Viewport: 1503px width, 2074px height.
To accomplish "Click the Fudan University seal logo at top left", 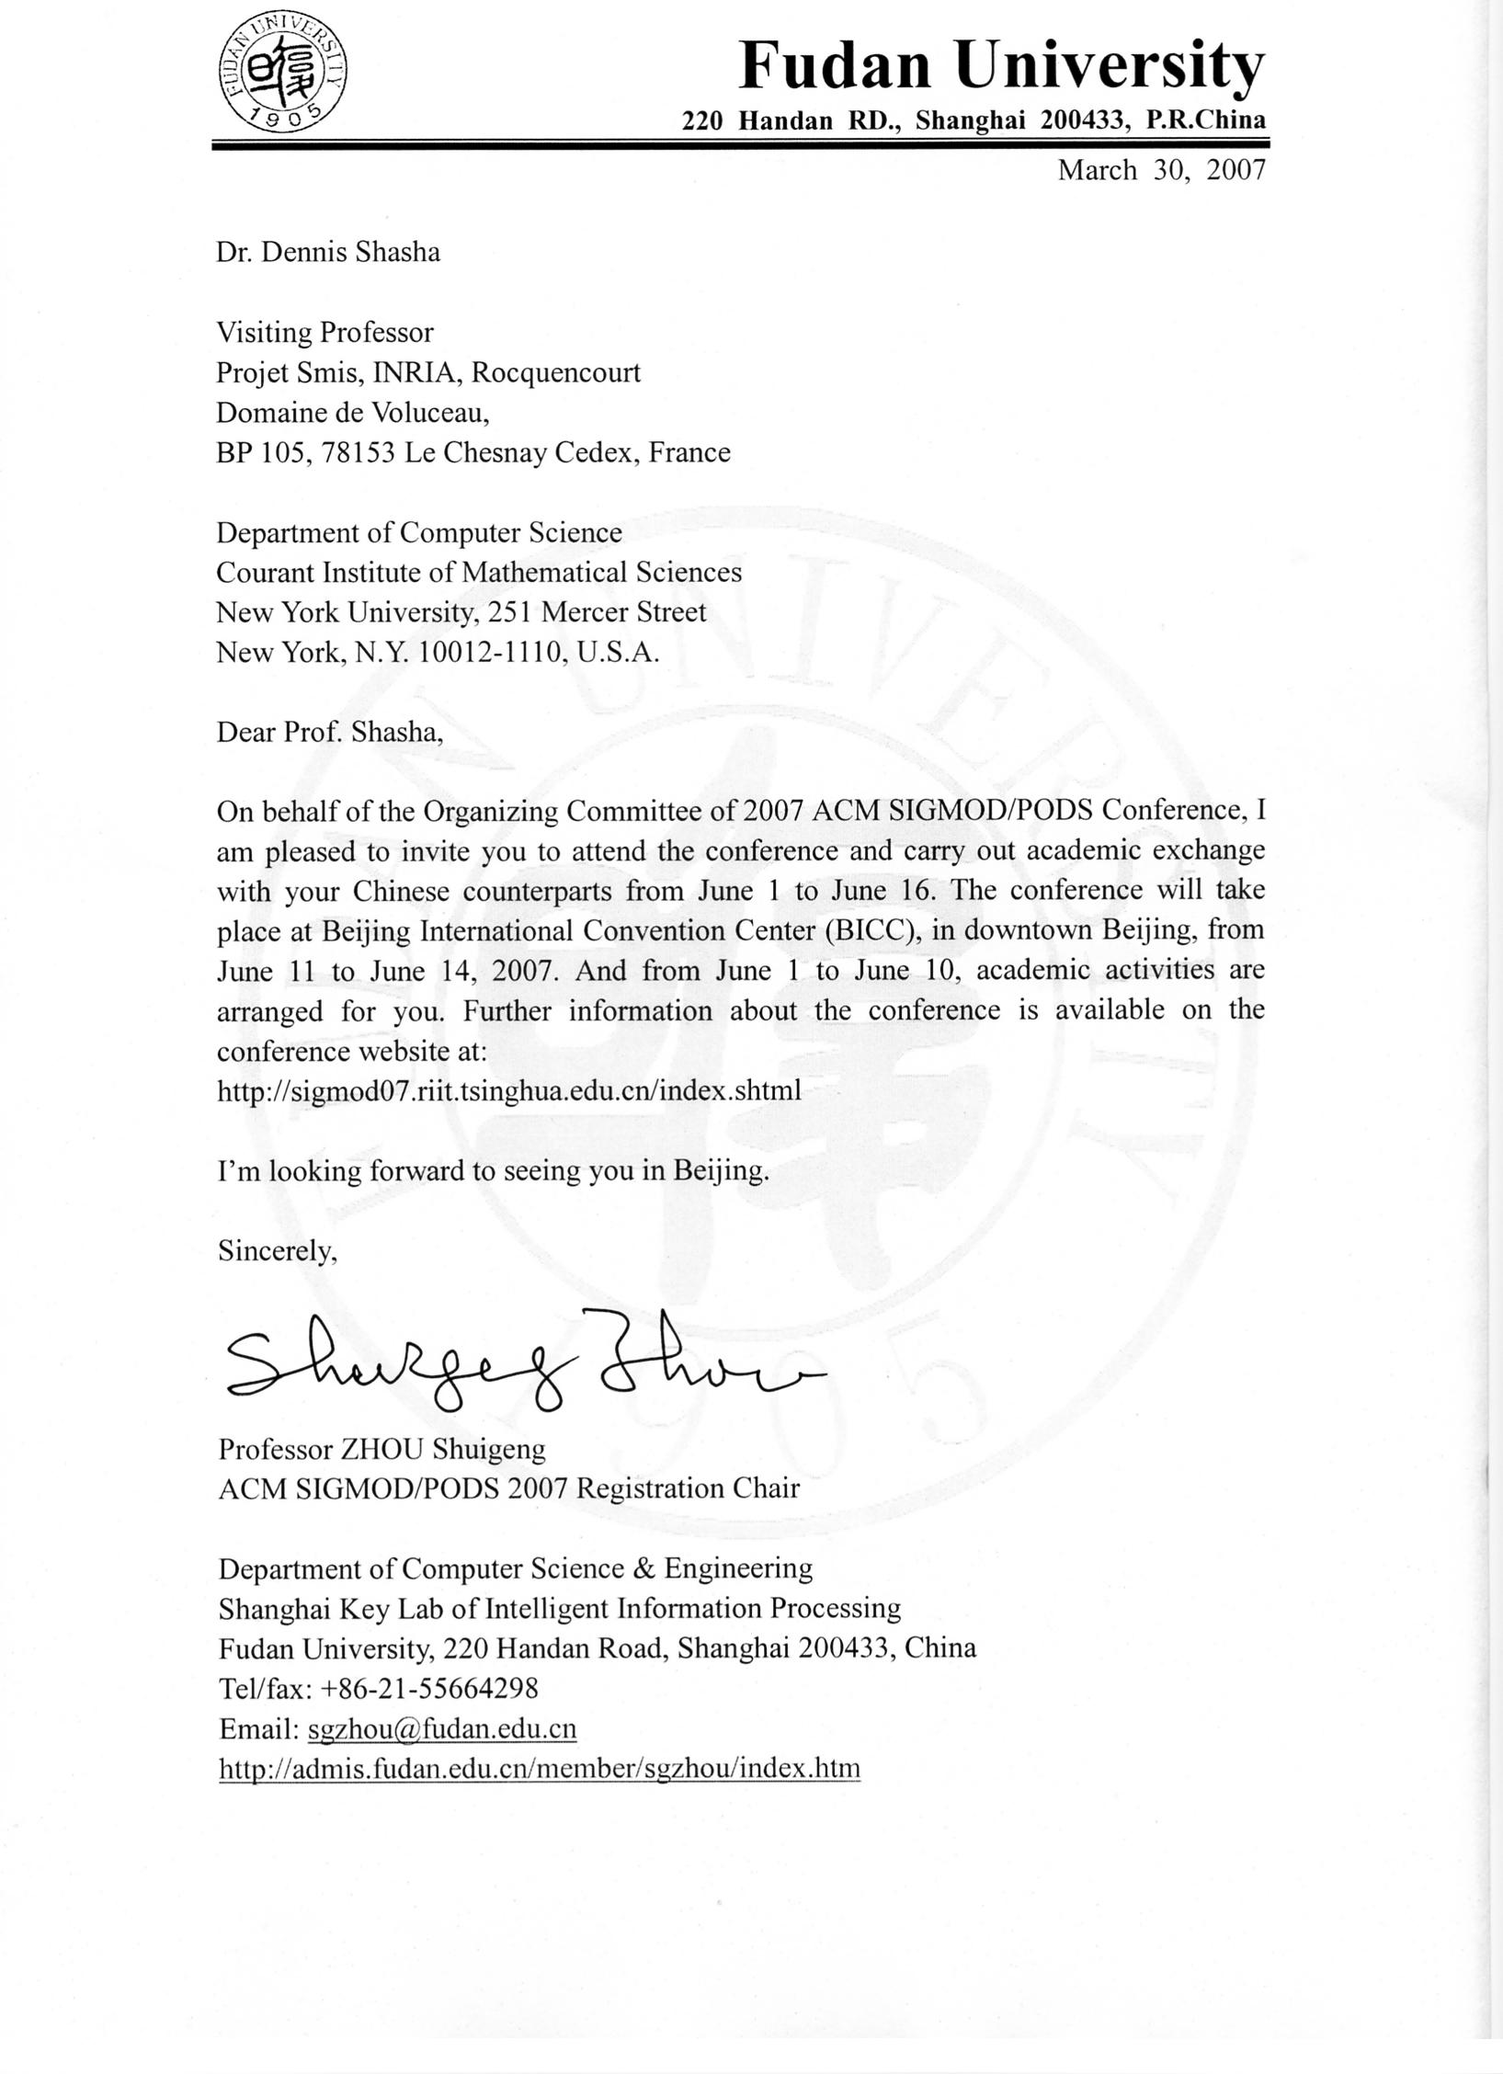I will (x=283, y=72).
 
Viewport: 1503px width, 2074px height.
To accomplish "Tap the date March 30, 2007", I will (x=1161, y=170).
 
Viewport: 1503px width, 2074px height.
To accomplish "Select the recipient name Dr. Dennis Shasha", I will (x=328, y=252).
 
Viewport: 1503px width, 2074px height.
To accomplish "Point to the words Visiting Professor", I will (x=325, y=332).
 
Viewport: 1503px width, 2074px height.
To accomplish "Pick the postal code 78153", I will (x=359, y=452).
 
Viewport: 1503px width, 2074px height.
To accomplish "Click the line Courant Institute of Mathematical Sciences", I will (x=479, y=572).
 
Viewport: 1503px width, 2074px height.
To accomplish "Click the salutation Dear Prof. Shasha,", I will (x=330, y=732).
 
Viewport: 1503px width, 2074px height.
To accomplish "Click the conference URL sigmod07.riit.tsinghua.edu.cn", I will (x=509, y=1090).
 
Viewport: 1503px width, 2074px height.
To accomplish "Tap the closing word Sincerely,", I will (x=278, y=1250).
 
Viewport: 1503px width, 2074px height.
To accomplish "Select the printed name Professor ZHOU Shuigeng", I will (x=381, y=1449).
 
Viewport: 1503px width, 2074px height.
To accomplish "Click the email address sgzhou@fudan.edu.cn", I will (x=442, y=1728).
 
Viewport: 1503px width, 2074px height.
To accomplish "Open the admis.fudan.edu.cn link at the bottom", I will (x=540, y=1768).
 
